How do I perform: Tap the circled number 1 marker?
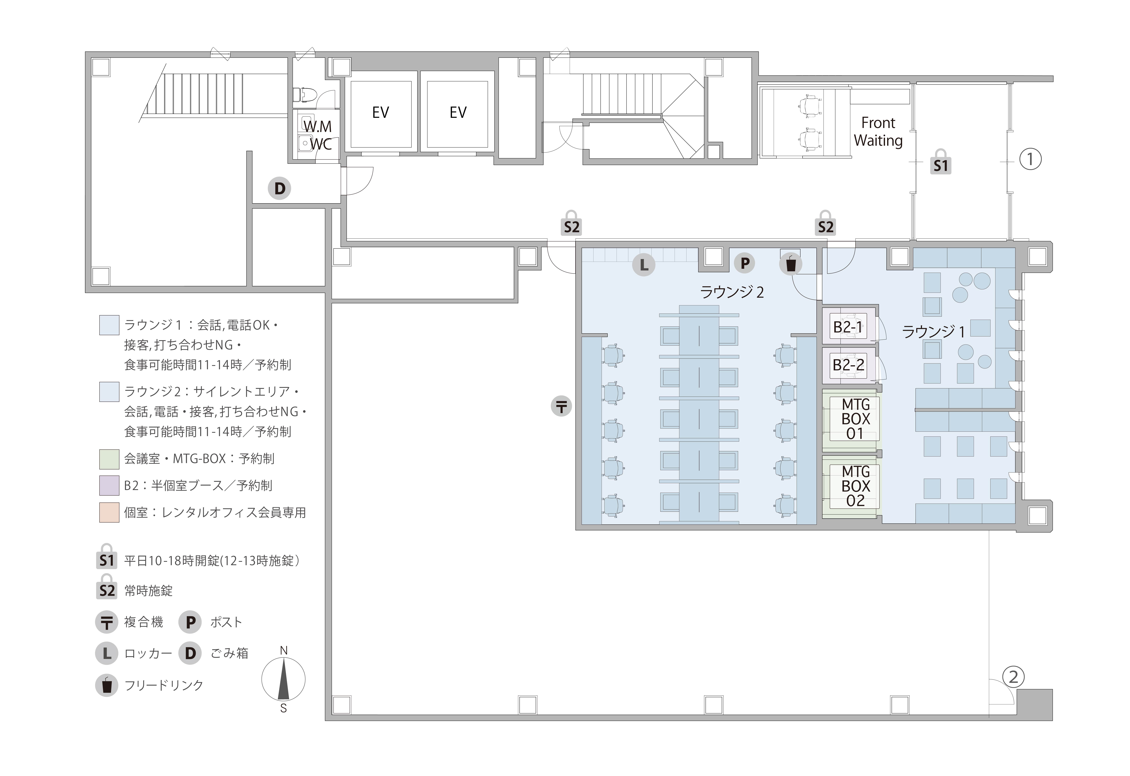click(x=1030, y=160)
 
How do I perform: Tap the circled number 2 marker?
click(x=1013, y=677)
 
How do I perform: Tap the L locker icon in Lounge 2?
click(x=644, y=265)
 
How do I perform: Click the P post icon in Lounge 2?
click(x=744, y=263)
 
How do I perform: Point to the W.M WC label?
click(x=318, y=135)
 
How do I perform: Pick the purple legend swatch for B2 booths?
click(x=109, y=485)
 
